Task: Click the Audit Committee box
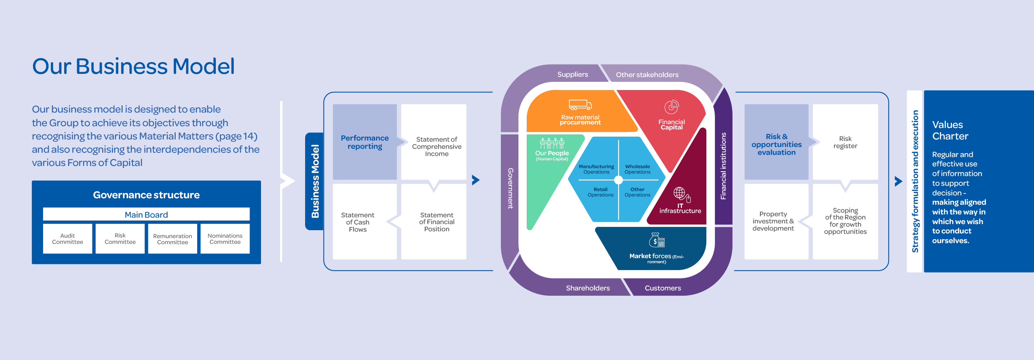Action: point(67,239)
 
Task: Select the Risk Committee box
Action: point(120,239)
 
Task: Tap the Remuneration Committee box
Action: point(172,239)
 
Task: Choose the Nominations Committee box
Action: point(225,239)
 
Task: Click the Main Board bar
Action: point(146,214)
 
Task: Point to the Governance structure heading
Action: point(146,195)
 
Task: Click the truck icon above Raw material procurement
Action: point(580,105)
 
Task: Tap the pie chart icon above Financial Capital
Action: point(671,107)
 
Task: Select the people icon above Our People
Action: point(552,143)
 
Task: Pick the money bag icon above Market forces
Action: point(657,240)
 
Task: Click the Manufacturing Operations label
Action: point(596,169)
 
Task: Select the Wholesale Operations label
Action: point(637,169)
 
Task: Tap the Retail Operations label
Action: point(601,192)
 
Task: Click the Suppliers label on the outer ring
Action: point(572,74)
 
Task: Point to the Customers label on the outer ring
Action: point(663,288)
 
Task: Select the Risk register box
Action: point(845,142)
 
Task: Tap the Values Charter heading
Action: point(950,131)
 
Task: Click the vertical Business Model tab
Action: point(315,181)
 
